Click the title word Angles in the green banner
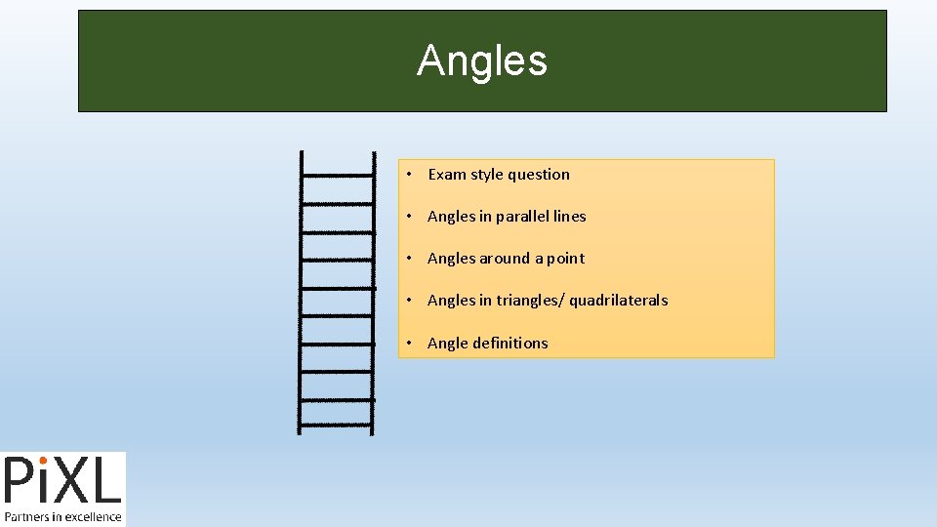coord(482,61)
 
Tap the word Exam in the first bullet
coord(447,175)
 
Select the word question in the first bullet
coord(538,175)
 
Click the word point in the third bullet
coord(566,259)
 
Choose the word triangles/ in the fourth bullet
coord(530,301)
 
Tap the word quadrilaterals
coord(619,301)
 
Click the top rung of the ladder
coord(337,175)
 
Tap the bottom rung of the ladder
coord(336,426)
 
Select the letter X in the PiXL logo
coord(78,483)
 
